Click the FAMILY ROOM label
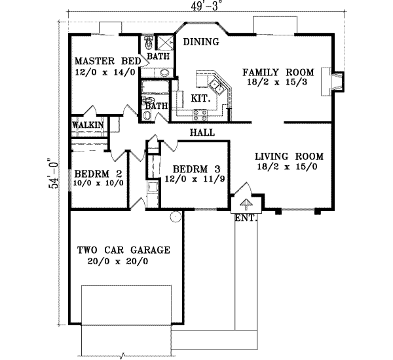278,72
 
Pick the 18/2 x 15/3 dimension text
278,83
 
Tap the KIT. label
200,98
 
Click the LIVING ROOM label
289,156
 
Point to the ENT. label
246,218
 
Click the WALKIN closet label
86,124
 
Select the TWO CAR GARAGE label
123,250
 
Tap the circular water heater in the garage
175,216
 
